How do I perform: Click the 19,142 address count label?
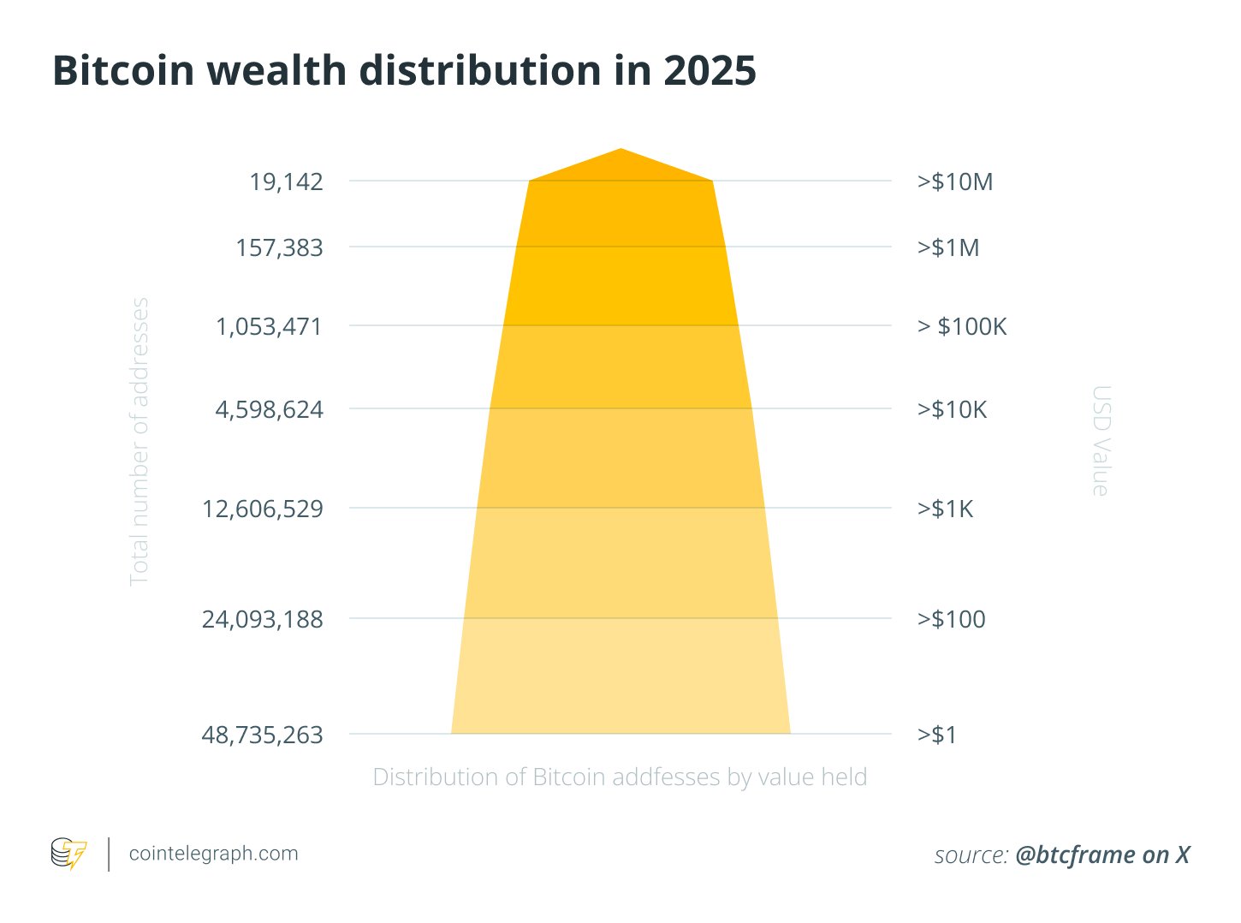286,182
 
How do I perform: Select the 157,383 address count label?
279,247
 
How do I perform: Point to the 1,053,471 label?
269,326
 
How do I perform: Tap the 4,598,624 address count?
269,409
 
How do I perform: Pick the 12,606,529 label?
262,509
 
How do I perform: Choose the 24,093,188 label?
262,619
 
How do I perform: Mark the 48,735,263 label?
262,735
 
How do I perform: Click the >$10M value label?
955,182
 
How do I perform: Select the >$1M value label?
948,247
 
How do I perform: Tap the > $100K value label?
962,326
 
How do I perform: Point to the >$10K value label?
952,409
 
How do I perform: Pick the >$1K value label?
945,509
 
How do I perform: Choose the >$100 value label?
951,619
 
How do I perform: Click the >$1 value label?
937,735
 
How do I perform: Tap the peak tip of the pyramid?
620,150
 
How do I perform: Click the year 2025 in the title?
710,70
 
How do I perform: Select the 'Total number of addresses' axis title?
139,441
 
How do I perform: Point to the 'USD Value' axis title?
1101,441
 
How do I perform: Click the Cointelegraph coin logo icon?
68,854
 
